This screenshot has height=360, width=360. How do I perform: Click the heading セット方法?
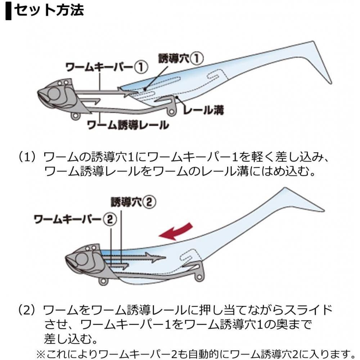[49, 10]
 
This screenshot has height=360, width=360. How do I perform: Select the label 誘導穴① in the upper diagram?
[181, 58]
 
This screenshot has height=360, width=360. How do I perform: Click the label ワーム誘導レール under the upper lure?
[129, 125]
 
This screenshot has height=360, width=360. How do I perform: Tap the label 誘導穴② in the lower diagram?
[133, 202]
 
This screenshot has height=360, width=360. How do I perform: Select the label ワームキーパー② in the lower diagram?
[75, 219]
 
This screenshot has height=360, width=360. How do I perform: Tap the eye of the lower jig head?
[82, 259]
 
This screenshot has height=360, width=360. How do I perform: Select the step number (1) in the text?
[27, 157]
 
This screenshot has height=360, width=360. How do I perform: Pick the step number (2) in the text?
[27, 310]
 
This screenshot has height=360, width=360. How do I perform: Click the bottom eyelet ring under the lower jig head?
[103, 282]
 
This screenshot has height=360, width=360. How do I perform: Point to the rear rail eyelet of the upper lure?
[171, 112]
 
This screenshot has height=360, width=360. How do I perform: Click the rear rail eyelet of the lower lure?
[199, 277]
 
